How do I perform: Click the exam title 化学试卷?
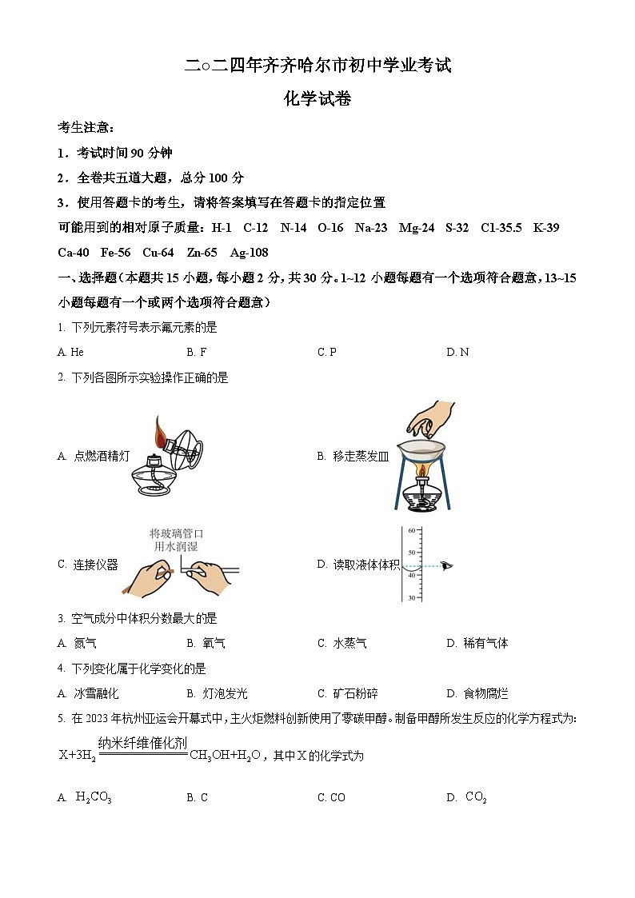[x=317, y=99]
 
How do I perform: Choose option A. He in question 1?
[x=70, y=352]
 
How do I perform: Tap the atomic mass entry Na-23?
[x=371, y=228]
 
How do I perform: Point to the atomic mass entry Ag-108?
[x=249, y=253]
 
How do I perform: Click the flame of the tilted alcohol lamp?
[x=162, y=433]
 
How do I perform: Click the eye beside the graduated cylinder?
[x=446, y=565]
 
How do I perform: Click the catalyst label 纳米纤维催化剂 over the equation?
[x=142, y=743]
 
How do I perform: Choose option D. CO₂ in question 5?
[x=467, y=797]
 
